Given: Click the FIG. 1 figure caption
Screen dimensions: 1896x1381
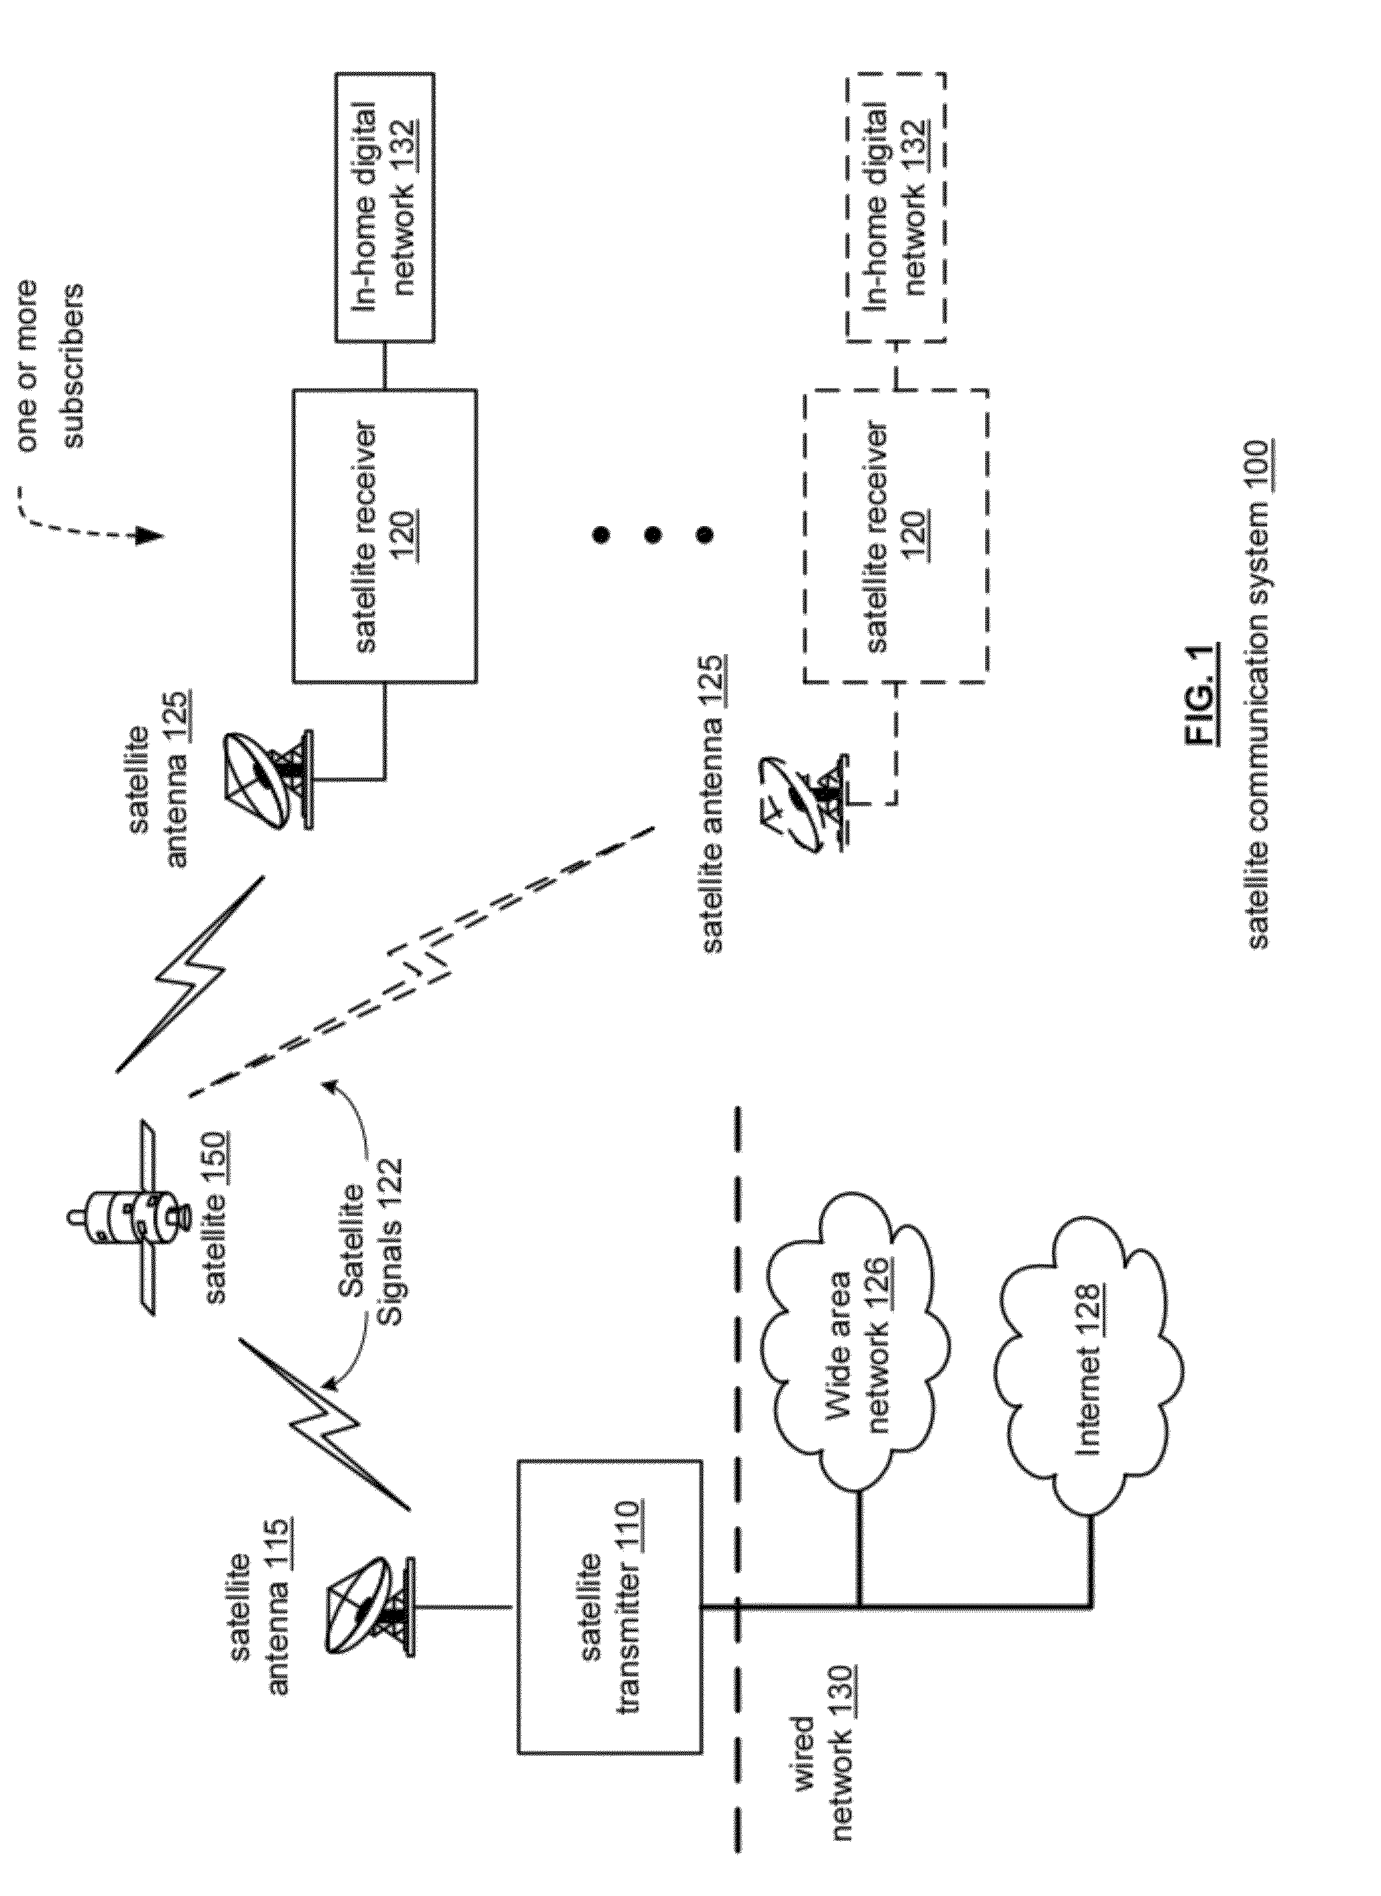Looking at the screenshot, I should pyautogui.click(x=1202, y=694).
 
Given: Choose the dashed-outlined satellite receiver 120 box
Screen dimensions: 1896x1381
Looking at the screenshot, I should pyautogui.click(x=896, y=536).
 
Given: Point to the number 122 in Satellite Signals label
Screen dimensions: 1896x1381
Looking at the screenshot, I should pyautogui.click(x=391, y=1185).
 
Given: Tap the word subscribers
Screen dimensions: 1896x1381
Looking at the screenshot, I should pyautogui.click(x=73, y=366).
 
